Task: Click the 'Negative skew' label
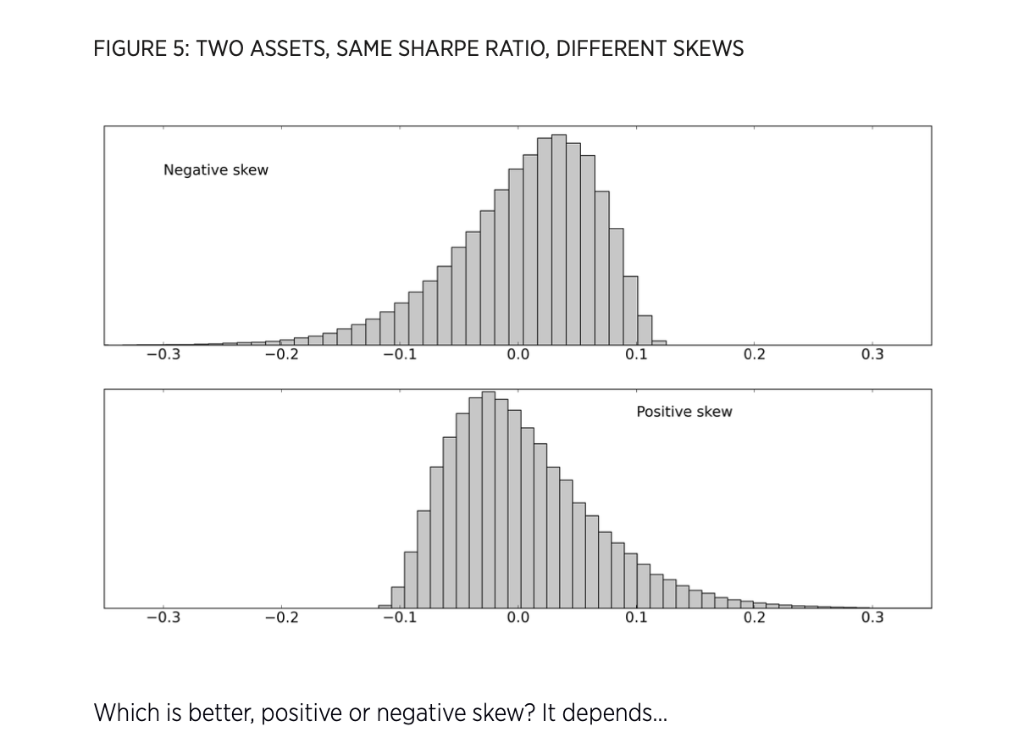tap(215, 170)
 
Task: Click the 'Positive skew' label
tap(684, 412)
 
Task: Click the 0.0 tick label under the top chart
tap(518, 355)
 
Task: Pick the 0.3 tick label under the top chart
tap(872, 355)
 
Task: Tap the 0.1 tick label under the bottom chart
tap(636, 618)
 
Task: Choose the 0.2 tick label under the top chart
tap(754, 355)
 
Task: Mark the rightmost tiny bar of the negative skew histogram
tap(659, 342)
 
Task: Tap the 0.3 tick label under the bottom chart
tap(872, 618)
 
